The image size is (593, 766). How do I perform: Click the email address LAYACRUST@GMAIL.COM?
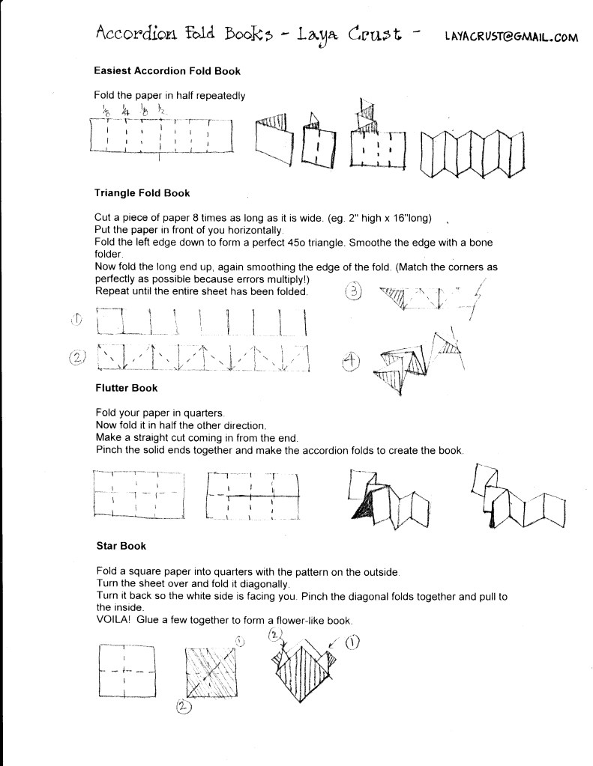pyautogui.click(x=511, y=37)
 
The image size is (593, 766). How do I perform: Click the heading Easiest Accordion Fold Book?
pyautogui.click(x=166, y=71)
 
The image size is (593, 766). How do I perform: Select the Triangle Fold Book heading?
pyautogui.click(x=142, y=193)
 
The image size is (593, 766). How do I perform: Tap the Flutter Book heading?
pyautogui.click(x=126, y=389)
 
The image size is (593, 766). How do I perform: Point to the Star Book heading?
pyautogui.click(x=121, y=547)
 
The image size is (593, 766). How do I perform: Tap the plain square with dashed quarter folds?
pyautogui.click(x=127, y=671)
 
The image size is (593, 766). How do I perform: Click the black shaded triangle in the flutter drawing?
pyautogui.click(x=363, y=508)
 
